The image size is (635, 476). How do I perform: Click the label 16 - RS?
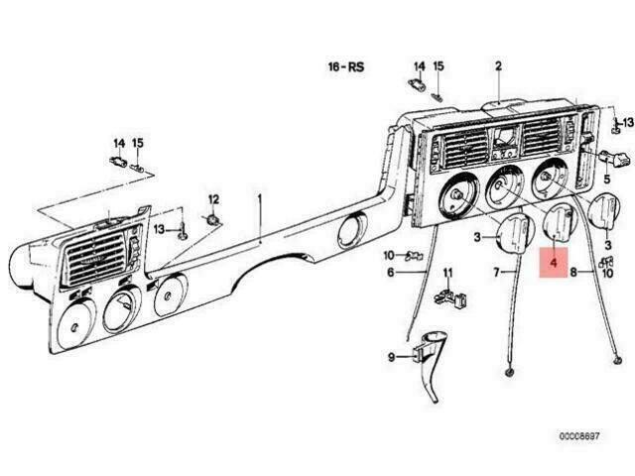pos(346,66)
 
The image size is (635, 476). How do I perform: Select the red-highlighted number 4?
pos(554,263)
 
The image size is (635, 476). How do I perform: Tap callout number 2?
pos(498,66)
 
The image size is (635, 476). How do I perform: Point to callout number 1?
pos(260,199)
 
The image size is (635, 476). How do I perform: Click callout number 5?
pos(606,178)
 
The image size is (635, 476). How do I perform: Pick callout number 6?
pos(390,273)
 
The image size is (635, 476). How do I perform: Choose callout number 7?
pos(496,273)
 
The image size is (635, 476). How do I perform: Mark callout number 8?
pos(573,273)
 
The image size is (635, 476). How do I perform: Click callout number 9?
pos(391,357)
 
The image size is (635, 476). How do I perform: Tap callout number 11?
pos(447,273)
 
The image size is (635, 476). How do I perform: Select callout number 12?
pos(213,199)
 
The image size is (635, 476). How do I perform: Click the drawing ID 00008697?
pos(579,436)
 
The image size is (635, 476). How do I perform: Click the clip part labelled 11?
pos(449,297)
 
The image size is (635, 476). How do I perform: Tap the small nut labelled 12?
pos(213,220)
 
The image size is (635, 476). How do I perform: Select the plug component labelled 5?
pos(615,158)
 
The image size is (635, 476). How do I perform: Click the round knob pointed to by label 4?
pos(558,225)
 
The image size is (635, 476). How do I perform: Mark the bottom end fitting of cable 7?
pos(509,373)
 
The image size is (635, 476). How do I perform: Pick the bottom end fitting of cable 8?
pos(617,361)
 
